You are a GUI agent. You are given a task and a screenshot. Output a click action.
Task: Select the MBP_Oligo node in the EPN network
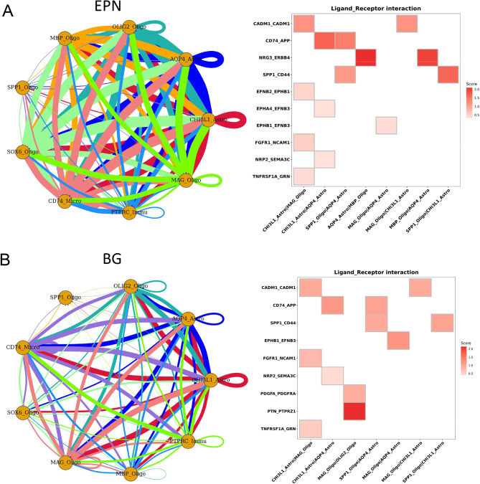click(x=63, y=37)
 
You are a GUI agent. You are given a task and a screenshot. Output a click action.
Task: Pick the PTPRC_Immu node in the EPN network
click(x=128, y=211)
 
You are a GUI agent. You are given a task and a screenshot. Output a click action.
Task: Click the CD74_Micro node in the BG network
click(x=24, y=348)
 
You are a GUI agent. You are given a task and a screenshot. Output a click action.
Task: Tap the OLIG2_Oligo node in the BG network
click(x=130, y=285)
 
